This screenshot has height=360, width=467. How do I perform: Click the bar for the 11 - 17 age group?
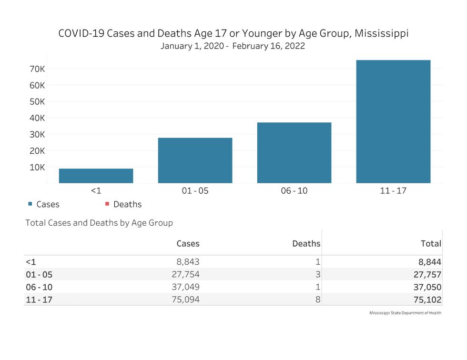[x=393, y=121]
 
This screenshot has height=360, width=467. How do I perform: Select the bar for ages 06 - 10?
[x=294, y=152]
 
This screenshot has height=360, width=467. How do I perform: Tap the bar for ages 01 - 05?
[x=195, y=160]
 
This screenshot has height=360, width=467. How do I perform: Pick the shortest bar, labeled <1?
[x=96, y=176]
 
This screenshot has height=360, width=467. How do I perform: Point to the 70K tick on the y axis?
[x=37, y=69]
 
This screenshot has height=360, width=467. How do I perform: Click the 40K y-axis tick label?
[x=37, y=118]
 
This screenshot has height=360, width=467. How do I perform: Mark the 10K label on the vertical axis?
[x=37, y=167]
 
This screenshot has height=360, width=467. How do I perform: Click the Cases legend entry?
[x=44, y=204]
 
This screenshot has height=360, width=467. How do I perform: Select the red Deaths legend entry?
[x=123, y=204]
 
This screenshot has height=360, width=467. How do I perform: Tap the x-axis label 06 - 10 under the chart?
[x=294, y=190]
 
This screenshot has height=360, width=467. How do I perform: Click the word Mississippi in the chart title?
[x=381, y=34]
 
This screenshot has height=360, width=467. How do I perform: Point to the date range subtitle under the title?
[x=233, y=46]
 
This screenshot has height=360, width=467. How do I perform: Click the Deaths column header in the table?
[x=306, y=243]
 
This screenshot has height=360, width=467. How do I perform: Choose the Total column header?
[x=430, y=243]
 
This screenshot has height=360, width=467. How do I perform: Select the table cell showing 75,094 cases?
[x=185, y=300]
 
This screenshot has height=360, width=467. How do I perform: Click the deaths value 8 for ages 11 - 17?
[x=317, y=300]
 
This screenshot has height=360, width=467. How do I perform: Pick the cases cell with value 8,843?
[x=188, y=261]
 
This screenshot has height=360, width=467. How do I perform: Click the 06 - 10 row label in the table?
[x=39, y=287]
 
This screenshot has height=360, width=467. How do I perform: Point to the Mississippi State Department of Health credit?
[x=405, y=313]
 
